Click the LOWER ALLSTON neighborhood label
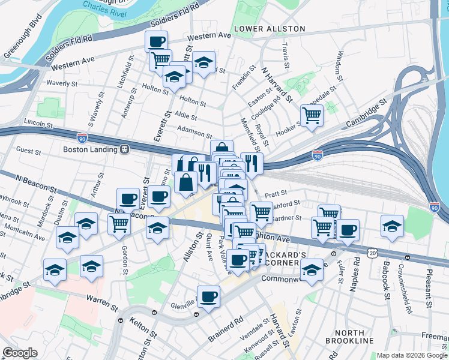click(270, 29)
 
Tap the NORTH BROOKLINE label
click(349, 337)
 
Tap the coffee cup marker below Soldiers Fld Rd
click(156, 41)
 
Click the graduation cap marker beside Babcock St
click(392, 226)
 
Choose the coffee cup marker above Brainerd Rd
click(208, 296)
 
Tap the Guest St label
click(28, 150)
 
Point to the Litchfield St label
click(128, 73)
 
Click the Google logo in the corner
click(20, 353)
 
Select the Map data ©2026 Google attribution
click(412, 355)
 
